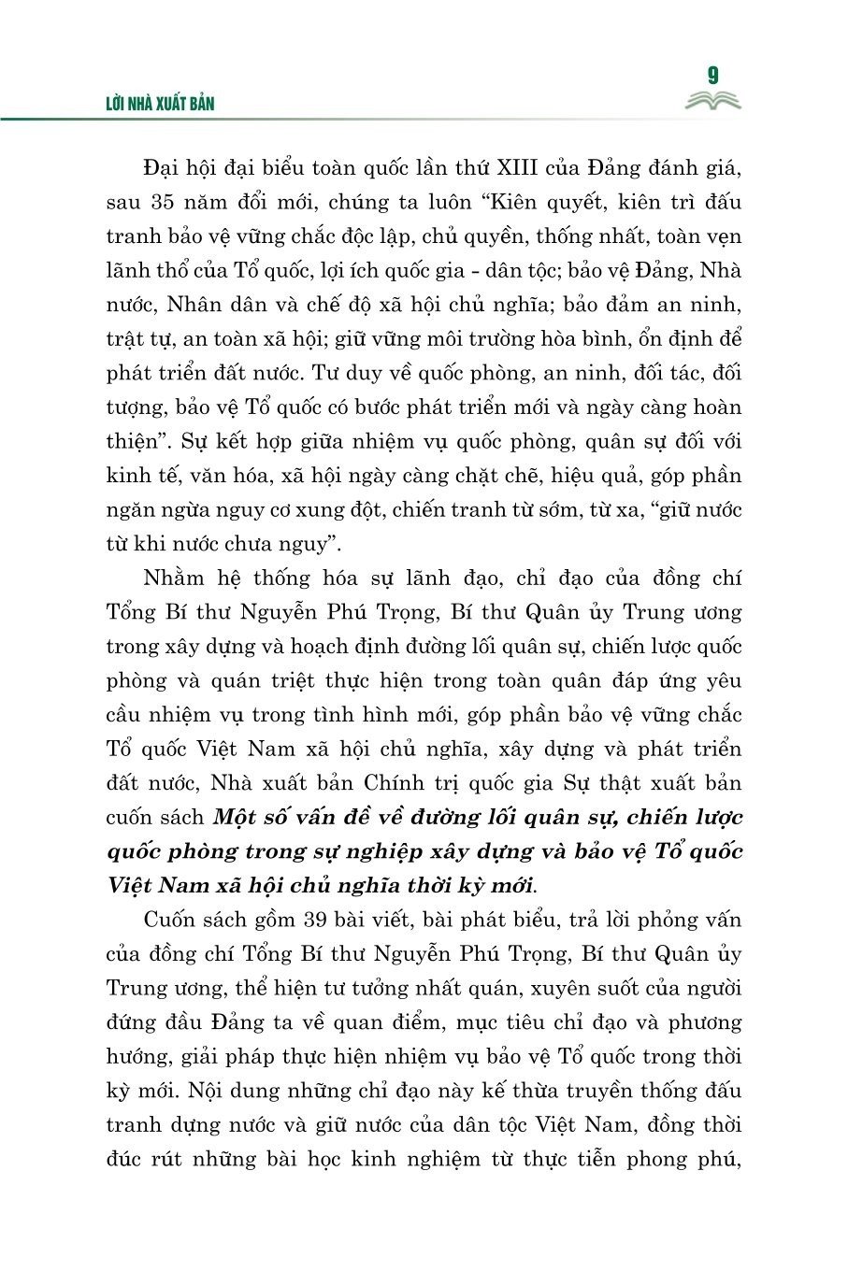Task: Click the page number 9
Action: [x=713, y=76]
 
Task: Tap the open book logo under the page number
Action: [x=712, y=101]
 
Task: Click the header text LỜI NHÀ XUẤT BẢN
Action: [x=160, y=104]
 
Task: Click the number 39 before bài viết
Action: [x=313, y=920]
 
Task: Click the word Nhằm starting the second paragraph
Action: [x=174, y=578]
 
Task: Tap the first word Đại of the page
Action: [x=165, y=168]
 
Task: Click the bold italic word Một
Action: [x=236, y=818]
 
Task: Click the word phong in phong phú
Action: [x=654, y=1159]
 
